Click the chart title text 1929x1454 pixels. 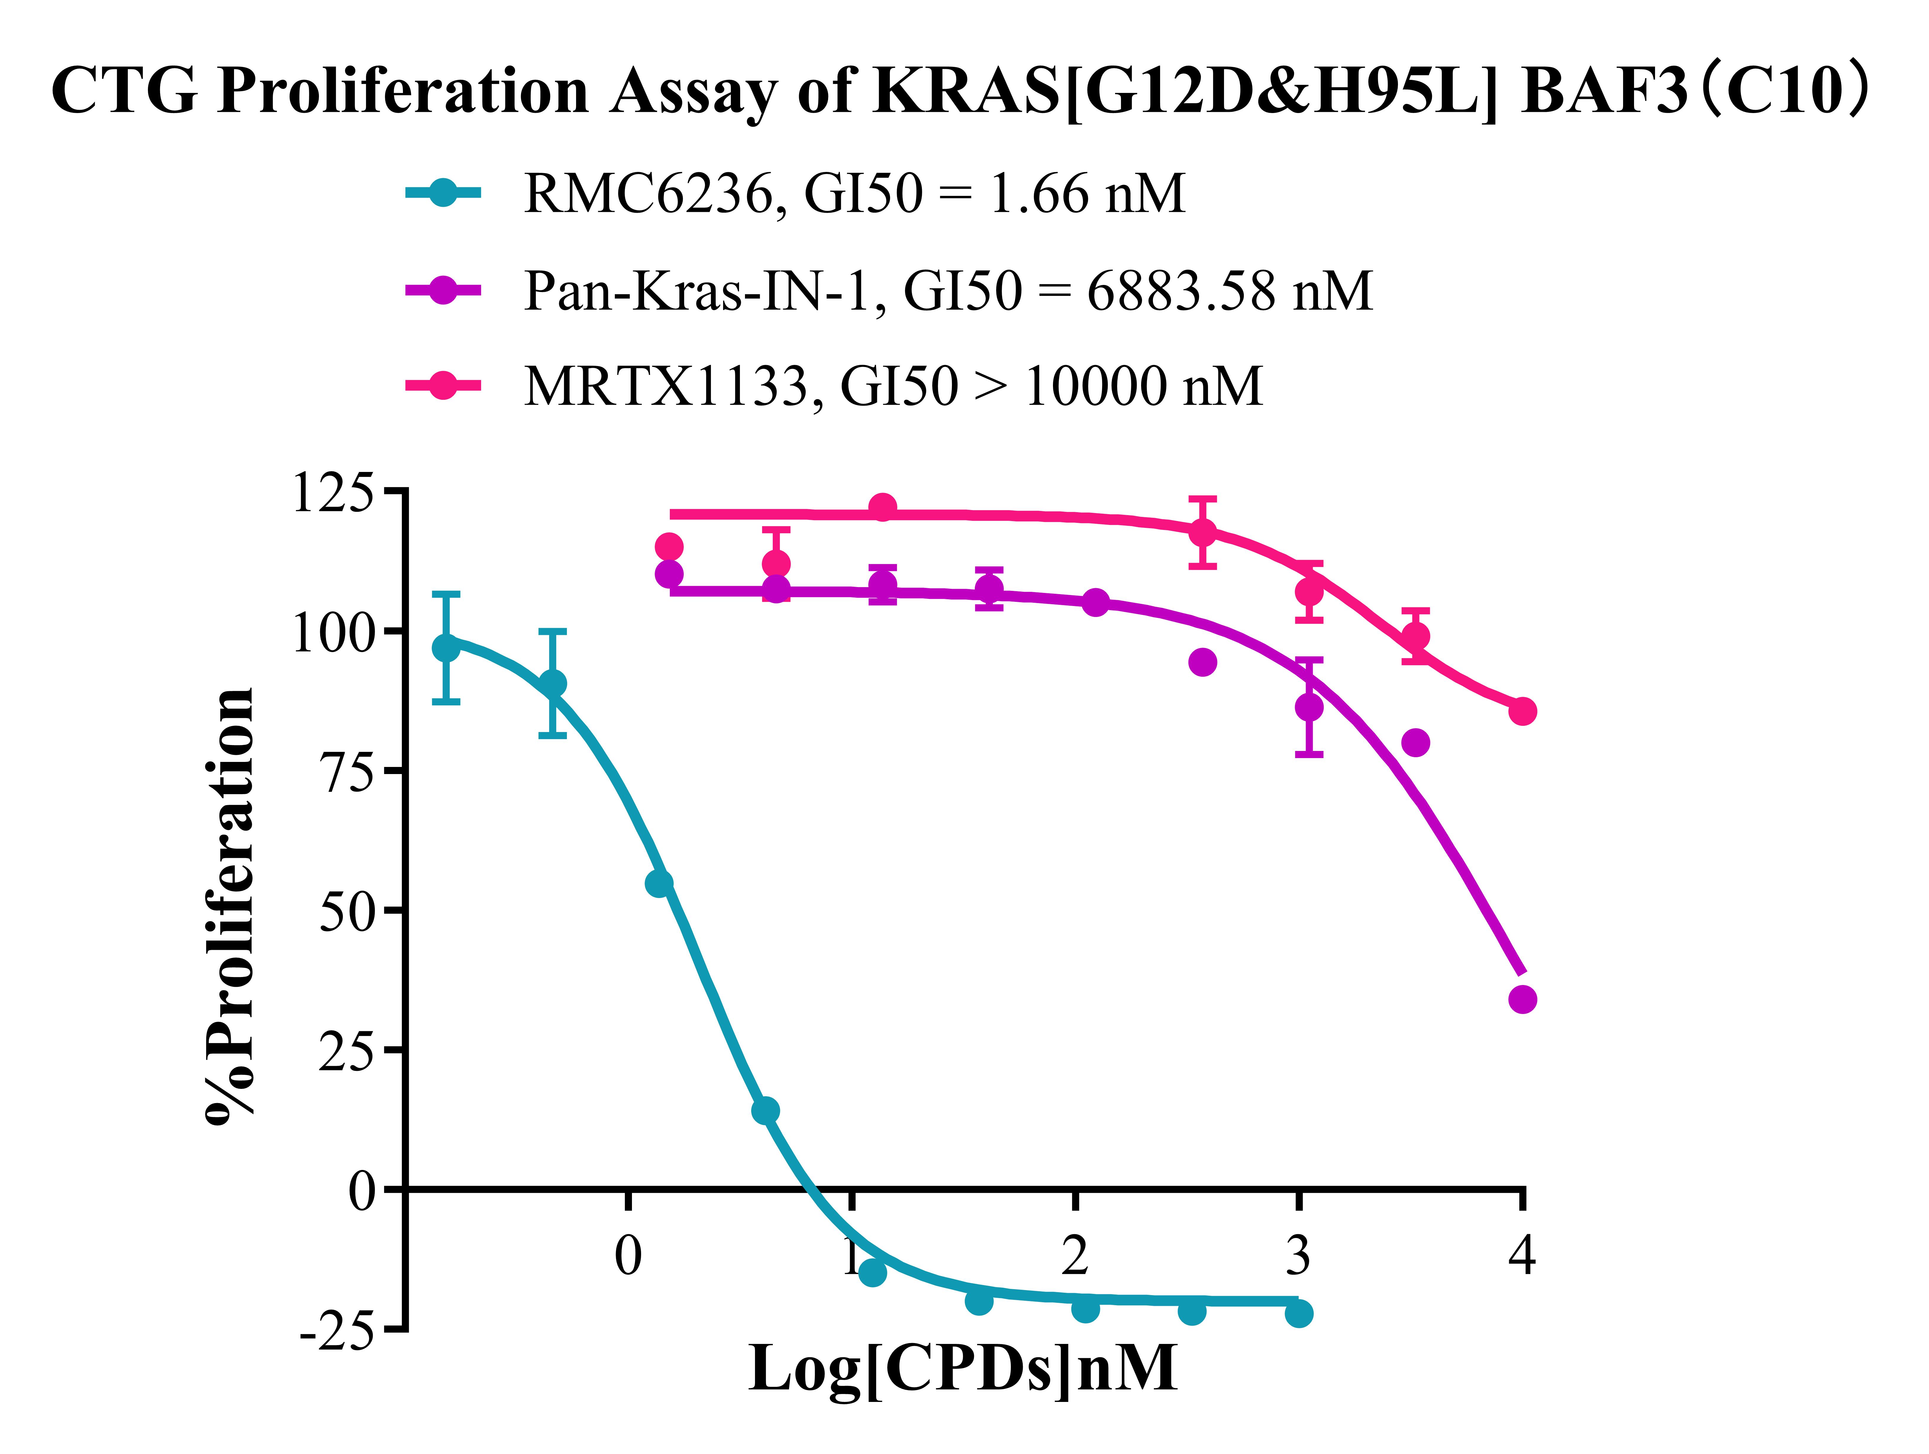point(959,91)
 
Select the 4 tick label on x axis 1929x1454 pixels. point(1522,1256)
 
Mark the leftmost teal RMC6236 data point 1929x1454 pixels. point(446,648)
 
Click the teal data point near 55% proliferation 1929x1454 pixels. point(659,884)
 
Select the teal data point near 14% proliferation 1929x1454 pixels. point(765,1110)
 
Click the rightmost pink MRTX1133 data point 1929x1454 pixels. point(1522,711)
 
